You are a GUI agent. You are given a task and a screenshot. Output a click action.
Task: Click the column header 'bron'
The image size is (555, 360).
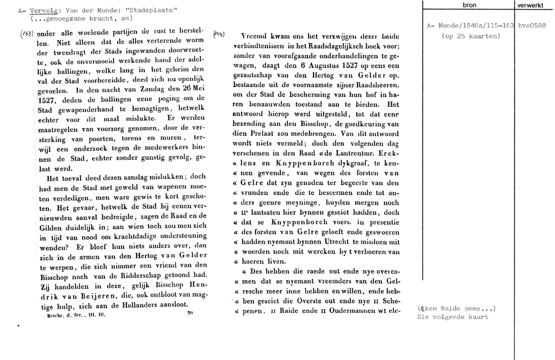click(x=469, y=4)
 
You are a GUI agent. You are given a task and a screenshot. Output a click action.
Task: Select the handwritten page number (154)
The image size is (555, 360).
click(x=218, y=34)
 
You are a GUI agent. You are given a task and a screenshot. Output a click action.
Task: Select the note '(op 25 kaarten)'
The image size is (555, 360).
click(x=471, y=36)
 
